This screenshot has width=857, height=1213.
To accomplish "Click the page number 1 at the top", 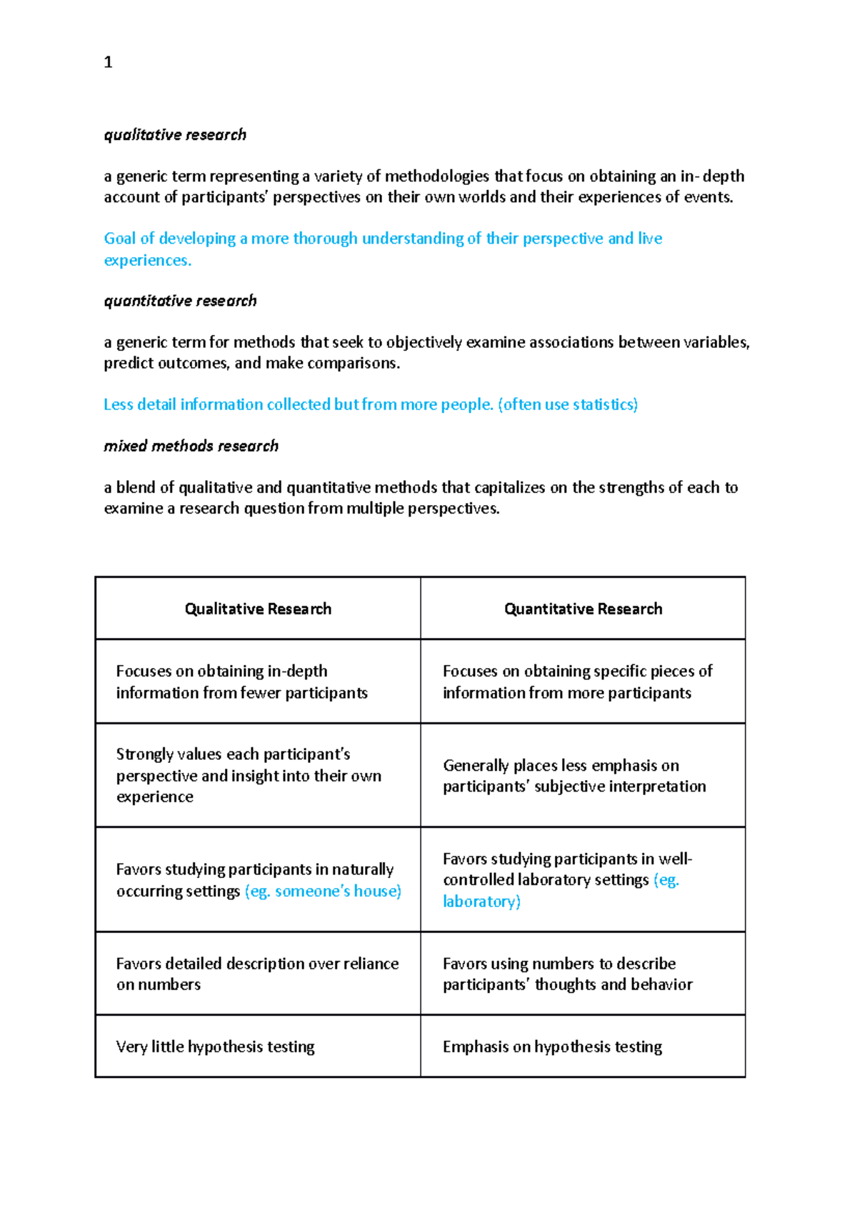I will pos(108,63).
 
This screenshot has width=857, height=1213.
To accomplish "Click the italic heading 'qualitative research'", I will pos(175,135).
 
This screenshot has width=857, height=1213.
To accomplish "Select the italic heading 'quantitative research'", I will pos(180,301).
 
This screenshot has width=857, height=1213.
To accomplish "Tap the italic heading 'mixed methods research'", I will pos(191,446).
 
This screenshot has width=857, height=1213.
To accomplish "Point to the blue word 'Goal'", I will pos(120,239).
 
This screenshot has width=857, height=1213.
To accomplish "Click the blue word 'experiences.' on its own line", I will pos(148,261).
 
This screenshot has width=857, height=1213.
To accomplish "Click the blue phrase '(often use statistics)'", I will pos(568,404).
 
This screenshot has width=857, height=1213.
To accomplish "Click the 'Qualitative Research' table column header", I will pos(258,609).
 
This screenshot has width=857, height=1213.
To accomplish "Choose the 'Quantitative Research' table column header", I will pos(583,609).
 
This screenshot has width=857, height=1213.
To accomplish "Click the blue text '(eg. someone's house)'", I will pos(323,892).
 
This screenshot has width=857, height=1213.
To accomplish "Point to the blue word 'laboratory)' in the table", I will pos(481,902).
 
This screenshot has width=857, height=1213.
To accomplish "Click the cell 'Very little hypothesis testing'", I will pos(215,1047).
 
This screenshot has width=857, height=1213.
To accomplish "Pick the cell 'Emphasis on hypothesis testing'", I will pos(552,1047).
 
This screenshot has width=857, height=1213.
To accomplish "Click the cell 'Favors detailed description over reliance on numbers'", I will pos(257,974).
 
